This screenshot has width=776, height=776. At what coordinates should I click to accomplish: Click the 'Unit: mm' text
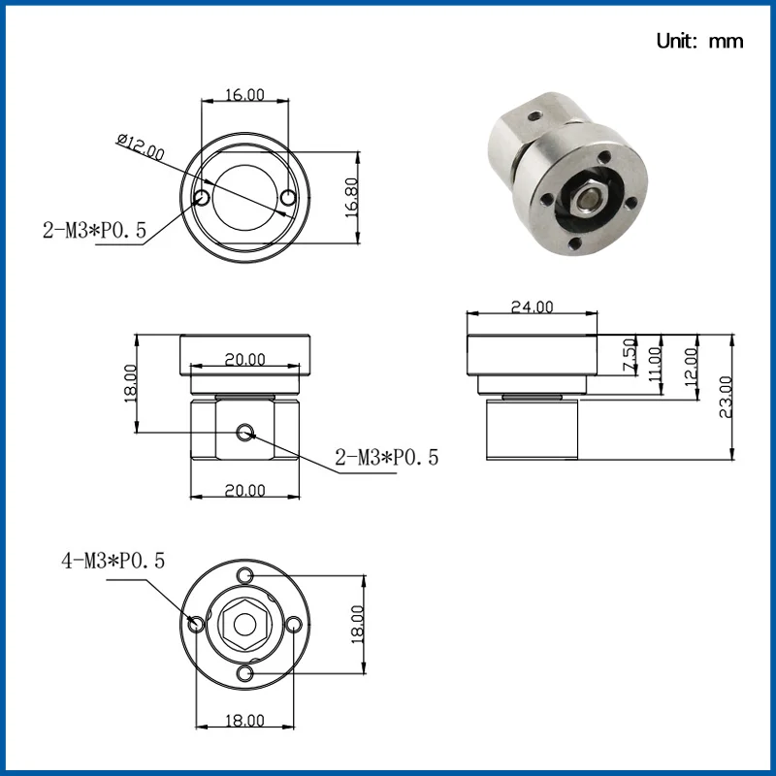pyautogui.click(x=699, y=41)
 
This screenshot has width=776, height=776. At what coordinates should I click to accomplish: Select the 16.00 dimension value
pyautogui.click(x=245, y=94)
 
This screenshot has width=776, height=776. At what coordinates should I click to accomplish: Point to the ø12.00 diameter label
pyautogui.click(x=141, y=147)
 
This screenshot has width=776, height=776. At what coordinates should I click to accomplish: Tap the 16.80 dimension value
pyautogui.click(x=351, y=198)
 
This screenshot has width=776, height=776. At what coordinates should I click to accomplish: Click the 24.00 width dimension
pyautogui.click(x=532, y=307)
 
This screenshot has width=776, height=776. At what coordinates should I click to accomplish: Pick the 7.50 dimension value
pyautogui.click(x=630, y=355)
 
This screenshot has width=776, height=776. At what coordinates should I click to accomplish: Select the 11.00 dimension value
pyautogui.click(x=654, y=365)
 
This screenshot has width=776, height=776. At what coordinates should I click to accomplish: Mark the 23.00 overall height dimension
pyautogui.click(x=726, y=397)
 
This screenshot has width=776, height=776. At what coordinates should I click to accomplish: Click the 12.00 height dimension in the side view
pyautogui.click(x=691, y=367)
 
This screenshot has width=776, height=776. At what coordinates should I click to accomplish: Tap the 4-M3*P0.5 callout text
pyautogui.click(x=113, y=561)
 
